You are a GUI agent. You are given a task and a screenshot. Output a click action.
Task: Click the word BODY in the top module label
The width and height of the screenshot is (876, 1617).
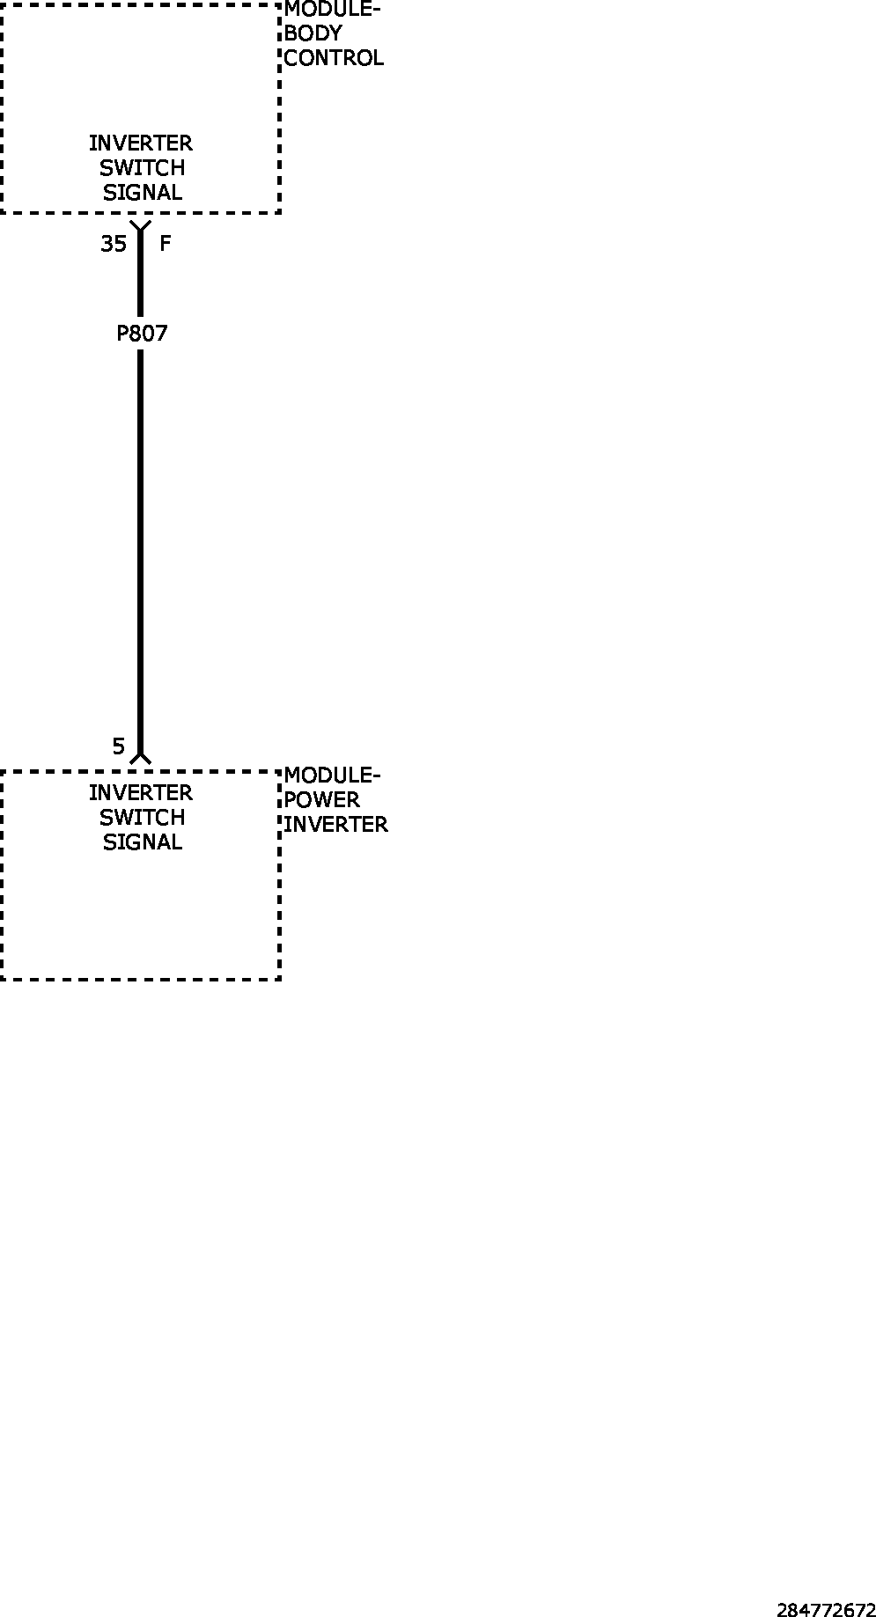click(x=313, y=33)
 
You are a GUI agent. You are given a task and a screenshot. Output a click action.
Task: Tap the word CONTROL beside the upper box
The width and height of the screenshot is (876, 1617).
click(x=334, y=58)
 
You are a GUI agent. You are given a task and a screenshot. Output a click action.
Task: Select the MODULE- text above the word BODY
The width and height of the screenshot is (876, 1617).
click(x=332, y=10)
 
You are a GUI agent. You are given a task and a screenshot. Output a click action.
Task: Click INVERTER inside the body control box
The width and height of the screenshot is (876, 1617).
click(x=141, y=143)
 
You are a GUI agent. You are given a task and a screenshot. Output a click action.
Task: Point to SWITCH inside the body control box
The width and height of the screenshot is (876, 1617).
click(x=142, y=167)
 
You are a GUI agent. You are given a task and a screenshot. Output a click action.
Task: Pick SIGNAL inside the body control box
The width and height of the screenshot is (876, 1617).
click(x=142, y=192)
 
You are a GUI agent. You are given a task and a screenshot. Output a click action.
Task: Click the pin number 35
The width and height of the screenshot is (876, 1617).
click(x=114, y=244)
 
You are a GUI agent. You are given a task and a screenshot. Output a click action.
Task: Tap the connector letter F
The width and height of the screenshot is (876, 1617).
click(x=165, y=243)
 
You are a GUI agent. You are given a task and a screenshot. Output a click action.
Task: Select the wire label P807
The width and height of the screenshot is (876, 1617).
click(x=142, y=334)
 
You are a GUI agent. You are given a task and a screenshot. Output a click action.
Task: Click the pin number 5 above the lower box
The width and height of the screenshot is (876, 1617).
click(x=119, y=746)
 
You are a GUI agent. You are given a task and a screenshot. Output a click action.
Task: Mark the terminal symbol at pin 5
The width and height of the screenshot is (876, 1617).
click(x=140, y=756)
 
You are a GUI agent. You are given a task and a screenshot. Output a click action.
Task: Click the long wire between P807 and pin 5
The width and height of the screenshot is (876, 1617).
click(x=140, y=550)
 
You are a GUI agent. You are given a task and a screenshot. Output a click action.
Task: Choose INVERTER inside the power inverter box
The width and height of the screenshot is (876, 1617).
click(x=141, y=793)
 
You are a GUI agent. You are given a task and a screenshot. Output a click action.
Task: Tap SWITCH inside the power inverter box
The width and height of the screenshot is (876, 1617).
click(x=142, y=818)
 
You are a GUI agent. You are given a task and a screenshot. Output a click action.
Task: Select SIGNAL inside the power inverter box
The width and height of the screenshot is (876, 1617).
click(x=142, y=842)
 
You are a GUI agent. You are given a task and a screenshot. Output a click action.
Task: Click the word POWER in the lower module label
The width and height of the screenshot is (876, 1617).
click(x=321, y=800)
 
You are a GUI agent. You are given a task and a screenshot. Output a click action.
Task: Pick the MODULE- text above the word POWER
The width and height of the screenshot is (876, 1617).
click(x=332, y=775)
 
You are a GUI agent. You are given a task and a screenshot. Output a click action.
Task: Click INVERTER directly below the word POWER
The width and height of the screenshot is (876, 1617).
click(x=335, y=825)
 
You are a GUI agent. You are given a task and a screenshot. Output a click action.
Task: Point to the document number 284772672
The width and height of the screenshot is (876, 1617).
click(x=826, y=1610)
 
